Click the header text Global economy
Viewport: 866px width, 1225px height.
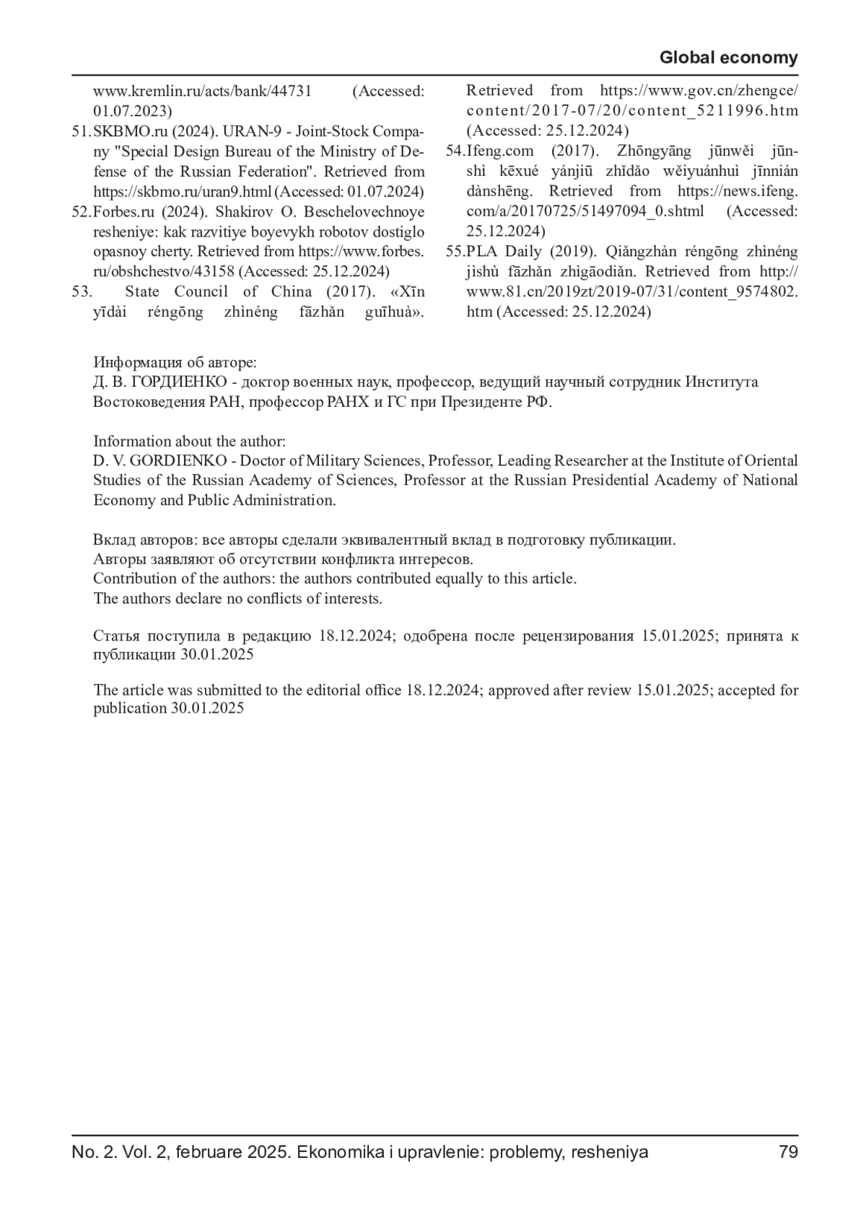click(728, 58)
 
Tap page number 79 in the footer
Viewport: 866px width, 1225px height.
click(788, 1152)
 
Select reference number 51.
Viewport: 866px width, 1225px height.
click(81, 131)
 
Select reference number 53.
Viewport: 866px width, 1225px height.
click(82, 291)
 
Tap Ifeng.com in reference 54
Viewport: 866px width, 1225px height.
click(500, 151)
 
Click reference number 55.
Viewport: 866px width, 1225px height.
click(455, 251)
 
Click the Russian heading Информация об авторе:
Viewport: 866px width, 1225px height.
click(175, 362)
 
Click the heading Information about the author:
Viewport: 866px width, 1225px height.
click(189, 441)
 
